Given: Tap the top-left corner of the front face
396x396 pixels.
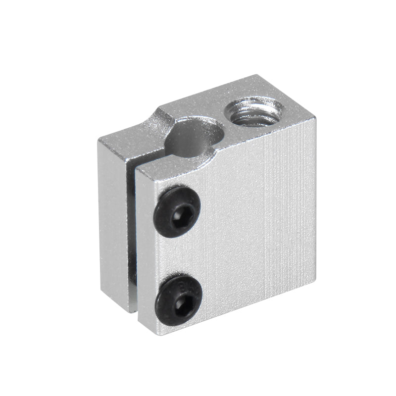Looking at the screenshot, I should tap(136, 167).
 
